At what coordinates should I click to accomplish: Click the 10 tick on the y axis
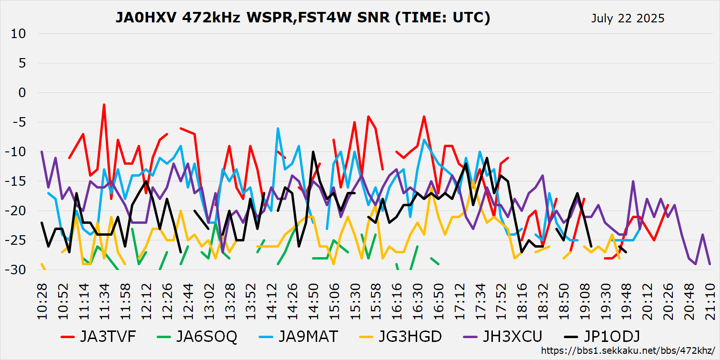[x=20, y=34]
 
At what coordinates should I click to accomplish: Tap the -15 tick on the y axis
[x=18, y=181]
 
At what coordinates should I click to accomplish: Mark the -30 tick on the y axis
[x=18, y=270]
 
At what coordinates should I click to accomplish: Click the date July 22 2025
[x=628, y=19]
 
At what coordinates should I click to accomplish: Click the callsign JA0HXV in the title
[x=146, y=18]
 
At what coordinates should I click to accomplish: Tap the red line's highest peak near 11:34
[x=104, y=105]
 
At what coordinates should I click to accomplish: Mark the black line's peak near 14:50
[x=313, y=152]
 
